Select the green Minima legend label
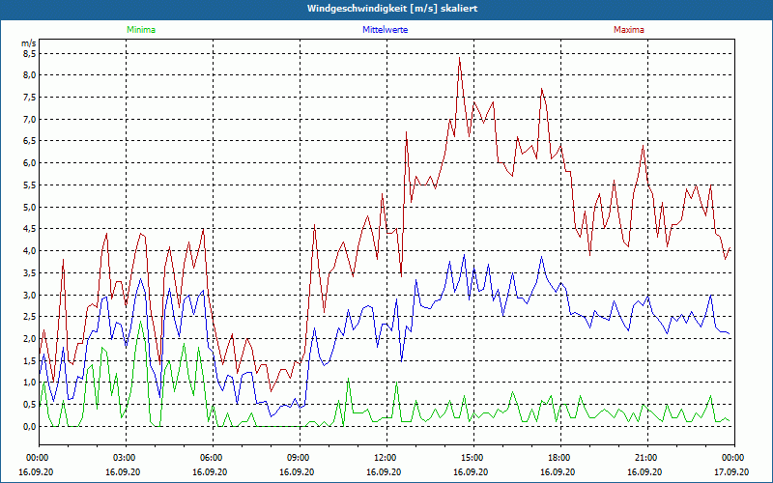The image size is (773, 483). coord(140,30)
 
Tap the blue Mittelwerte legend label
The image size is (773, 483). coord(386,30)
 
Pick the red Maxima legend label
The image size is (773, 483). coord(629,30)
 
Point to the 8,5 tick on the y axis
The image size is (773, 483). coord(28,54)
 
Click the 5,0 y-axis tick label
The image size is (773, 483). coord(28,207)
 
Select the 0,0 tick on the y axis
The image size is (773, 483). coord(28,426)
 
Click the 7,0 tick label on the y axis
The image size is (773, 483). coord(28,119)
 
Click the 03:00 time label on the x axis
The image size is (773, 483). coord(126,457)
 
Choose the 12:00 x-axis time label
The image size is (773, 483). coord(386,457)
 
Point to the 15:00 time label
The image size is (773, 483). coord(473,457)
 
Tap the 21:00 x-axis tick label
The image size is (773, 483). coord(646,457)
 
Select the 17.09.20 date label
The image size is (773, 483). coord(732,472)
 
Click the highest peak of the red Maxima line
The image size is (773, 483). coord(460,59)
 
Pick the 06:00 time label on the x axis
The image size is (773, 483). coord(213,457)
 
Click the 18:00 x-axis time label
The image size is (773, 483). coord(559,457)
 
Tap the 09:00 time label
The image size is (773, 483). coord(300,457)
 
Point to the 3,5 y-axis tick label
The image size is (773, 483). coord(28,272)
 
